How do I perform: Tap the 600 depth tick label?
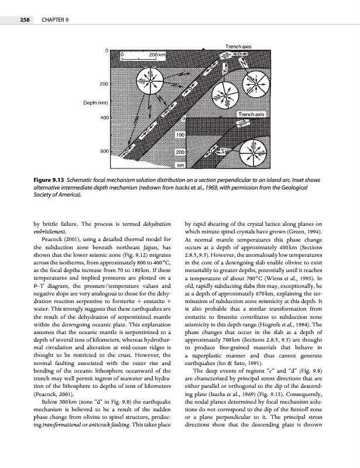[x=105, y=151]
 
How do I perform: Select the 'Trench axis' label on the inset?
[x=252, y=114]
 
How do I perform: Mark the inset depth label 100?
[x=181, y=135]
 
